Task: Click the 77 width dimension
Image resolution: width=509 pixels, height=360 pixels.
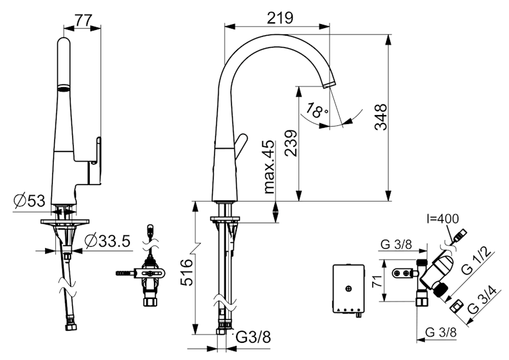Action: pos(83,20)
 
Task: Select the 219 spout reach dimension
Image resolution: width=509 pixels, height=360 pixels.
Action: pos(280,18)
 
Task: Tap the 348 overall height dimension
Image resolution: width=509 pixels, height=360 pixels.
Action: pos(380,117)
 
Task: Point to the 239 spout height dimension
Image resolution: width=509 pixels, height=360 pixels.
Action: pos(291,143)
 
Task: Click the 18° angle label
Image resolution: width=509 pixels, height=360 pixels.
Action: pos(316,111)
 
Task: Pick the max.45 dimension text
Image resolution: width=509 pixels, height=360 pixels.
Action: pos(269,167)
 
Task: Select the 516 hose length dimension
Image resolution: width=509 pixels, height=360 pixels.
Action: pos(186,272)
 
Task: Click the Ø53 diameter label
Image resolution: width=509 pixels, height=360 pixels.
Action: pos(29,201)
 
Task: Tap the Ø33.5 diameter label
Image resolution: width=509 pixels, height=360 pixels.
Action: pos(108,240)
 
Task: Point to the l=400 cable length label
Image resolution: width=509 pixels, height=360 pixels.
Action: pos(442,219)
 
